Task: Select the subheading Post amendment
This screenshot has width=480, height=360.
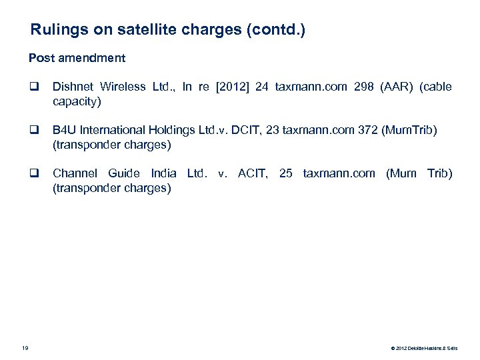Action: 77,58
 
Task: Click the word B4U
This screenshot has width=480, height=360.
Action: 64,131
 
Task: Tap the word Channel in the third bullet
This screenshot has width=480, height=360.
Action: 73,174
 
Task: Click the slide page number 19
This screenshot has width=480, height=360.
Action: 25,347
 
